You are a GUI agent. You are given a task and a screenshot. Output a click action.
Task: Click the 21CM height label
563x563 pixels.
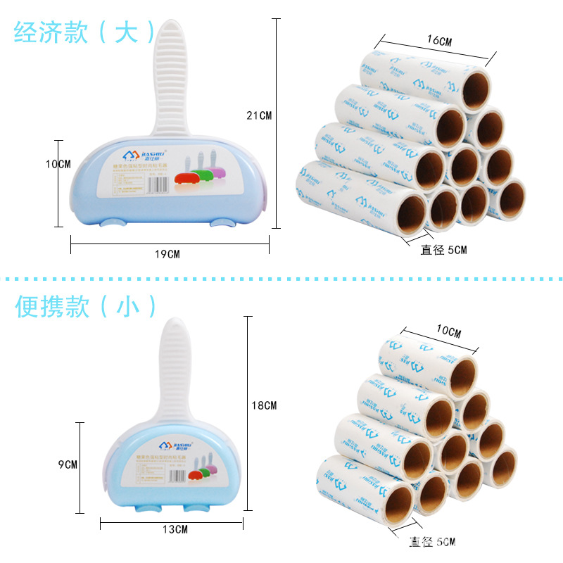tap(258, 115)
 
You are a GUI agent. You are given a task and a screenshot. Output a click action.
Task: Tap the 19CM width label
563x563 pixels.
tap(168, 254)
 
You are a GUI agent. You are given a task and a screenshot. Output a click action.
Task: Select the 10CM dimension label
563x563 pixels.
tap(58, 164)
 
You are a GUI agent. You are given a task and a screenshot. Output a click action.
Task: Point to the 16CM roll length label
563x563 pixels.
tap(439, 41)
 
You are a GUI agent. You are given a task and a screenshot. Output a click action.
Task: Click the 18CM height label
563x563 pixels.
tap(264, 405)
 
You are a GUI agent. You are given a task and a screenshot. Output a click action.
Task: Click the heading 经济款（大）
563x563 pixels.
tap(84, 32)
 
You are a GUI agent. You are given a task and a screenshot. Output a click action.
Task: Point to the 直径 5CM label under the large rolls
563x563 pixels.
tap(443, 250)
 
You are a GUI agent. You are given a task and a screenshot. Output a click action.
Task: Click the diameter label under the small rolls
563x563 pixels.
tap(432, 541)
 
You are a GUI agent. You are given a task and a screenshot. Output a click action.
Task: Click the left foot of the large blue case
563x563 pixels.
tap(113, 224)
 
